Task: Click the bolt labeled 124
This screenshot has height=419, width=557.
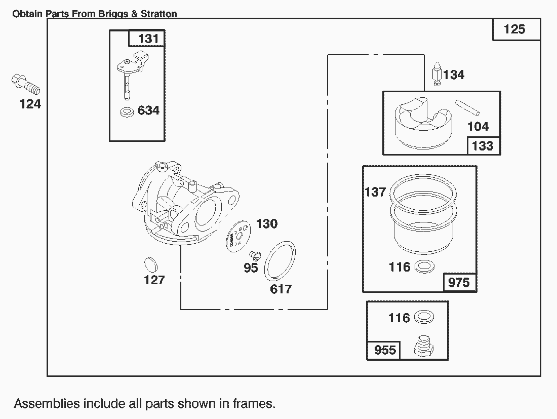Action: pos(25,84)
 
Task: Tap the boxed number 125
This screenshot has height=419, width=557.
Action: pos(514,29)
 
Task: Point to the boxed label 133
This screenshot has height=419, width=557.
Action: pos(482,146)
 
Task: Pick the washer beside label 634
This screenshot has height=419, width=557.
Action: pos(128,111)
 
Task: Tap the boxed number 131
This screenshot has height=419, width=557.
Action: pos(148,39)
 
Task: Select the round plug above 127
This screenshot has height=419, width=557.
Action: pos(150,264)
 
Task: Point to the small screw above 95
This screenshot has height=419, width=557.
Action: pos(254,253)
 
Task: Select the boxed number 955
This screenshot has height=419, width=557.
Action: pos(384,350)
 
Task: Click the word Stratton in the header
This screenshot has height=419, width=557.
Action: pos(159,14)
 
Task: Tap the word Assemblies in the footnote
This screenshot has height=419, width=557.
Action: pos(47,404)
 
